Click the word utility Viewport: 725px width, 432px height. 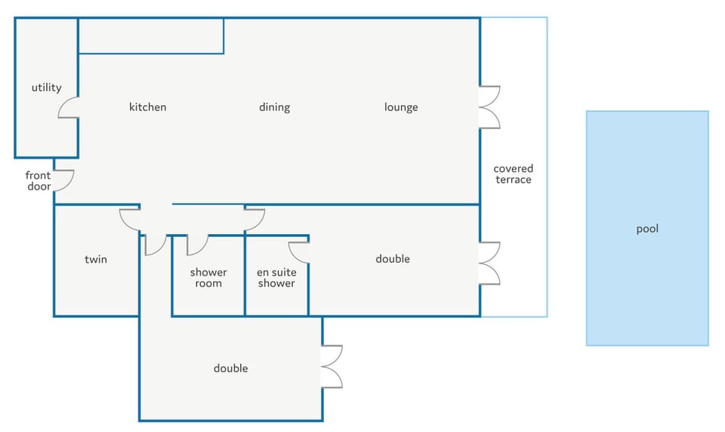pyautogui.click(x=46, y=88)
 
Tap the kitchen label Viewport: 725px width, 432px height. pyautogui.click(x=147, y=106)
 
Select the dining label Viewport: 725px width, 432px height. pyautogui.click(x=275, y=107)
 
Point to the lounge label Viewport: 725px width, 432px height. pyautogui.click(x=401, y=107)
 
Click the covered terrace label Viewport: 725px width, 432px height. pyautogui.click(x=514, y=174)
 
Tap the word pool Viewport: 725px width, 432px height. pyautogui.click(x=647, y=229)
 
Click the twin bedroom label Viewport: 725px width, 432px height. pyautogui.click(x=96, y=259)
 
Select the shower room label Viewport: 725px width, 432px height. pyautogui.click(x=208, y=277)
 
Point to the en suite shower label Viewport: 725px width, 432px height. pyautogui.click(x=276, y=277)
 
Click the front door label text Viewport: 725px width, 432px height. pyautogui.click(x=39, y=181)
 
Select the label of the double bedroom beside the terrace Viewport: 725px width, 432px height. pyautogui.click(x=393, y=259)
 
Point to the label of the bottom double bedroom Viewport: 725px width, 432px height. pyautogui.click(x=231, y=369)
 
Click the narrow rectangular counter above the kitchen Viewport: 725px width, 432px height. pyautogui.click(x=151, y=35)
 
